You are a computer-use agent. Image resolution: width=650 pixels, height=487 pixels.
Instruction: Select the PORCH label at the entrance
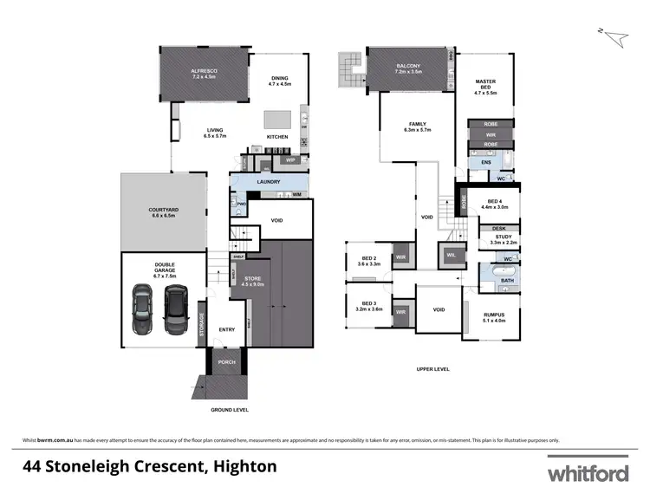pos(225,361)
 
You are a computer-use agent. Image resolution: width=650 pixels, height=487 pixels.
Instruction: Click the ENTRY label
pos(226,329)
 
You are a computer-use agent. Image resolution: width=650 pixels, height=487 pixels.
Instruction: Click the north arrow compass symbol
pos(615,36)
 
